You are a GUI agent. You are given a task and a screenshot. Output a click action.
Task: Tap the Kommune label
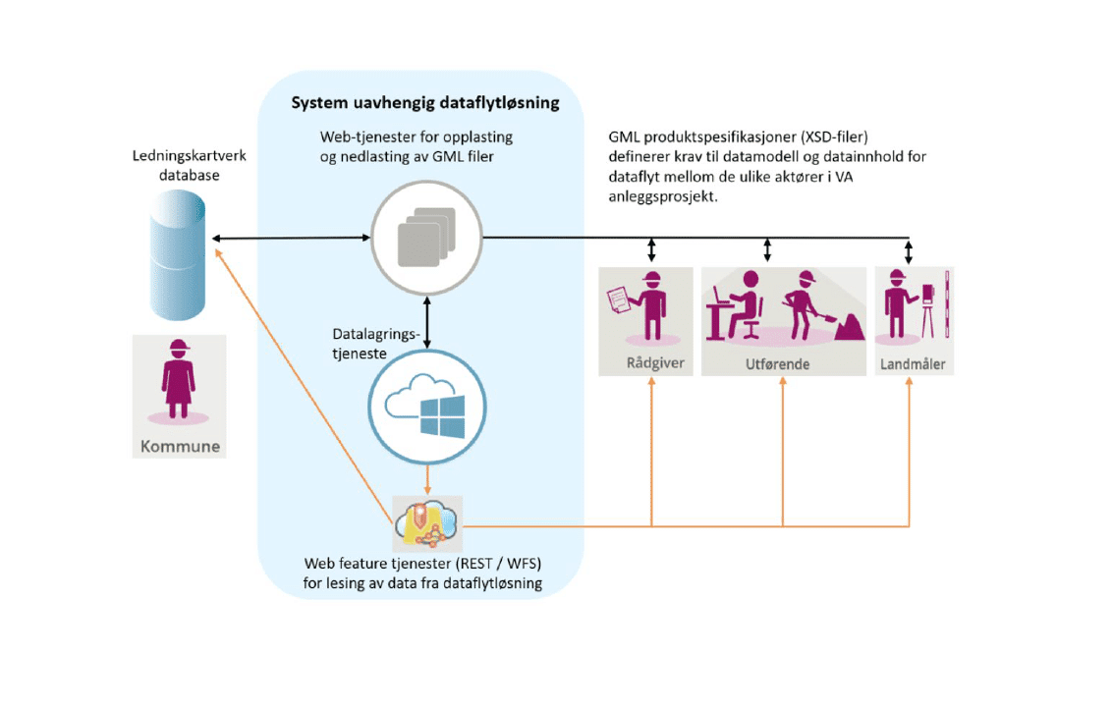(x=180, y=447)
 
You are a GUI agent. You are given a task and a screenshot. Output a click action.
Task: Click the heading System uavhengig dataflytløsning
(x=425, y=102)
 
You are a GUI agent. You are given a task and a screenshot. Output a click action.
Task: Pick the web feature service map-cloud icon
(x=426, y=522)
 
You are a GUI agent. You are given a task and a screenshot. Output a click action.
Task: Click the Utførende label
(x=783, y=364)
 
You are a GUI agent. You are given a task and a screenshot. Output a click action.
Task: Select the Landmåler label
(x=915, y=364)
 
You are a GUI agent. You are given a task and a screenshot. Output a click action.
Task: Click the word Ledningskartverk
(x=178, y=157)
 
